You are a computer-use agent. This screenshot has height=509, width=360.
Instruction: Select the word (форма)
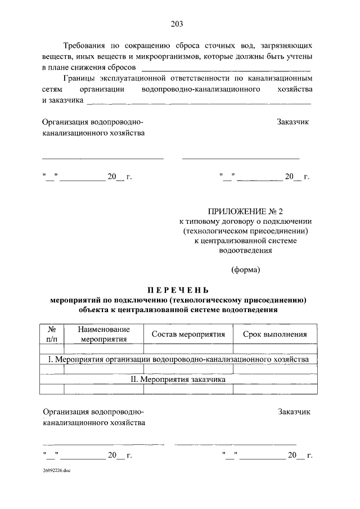pos(246,269)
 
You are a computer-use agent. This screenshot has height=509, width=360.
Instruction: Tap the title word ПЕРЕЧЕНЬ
pos(178,290)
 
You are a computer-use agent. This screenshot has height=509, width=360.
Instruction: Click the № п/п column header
pos(52,334)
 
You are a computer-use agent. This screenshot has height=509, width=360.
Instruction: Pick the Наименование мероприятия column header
pos(103,334)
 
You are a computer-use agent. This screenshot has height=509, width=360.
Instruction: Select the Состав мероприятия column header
pos(188,334)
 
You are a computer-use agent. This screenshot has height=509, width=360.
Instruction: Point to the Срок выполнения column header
pos(274,334)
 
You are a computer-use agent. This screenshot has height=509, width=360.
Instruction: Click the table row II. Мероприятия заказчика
pos(178,379)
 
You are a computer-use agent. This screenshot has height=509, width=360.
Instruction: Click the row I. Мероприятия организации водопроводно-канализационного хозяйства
pos(178,359)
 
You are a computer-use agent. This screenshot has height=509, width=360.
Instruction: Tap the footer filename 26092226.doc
pos(55,469)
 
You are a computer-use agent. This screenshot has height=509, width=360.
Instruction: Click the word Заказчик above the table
pos(293,122)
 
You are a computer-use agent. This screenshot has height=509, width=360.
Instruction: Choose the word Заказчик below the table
pos(294,412)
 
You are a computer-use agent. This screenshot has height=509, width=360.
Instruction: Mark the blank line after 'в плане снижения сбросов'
pos(227,69)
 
